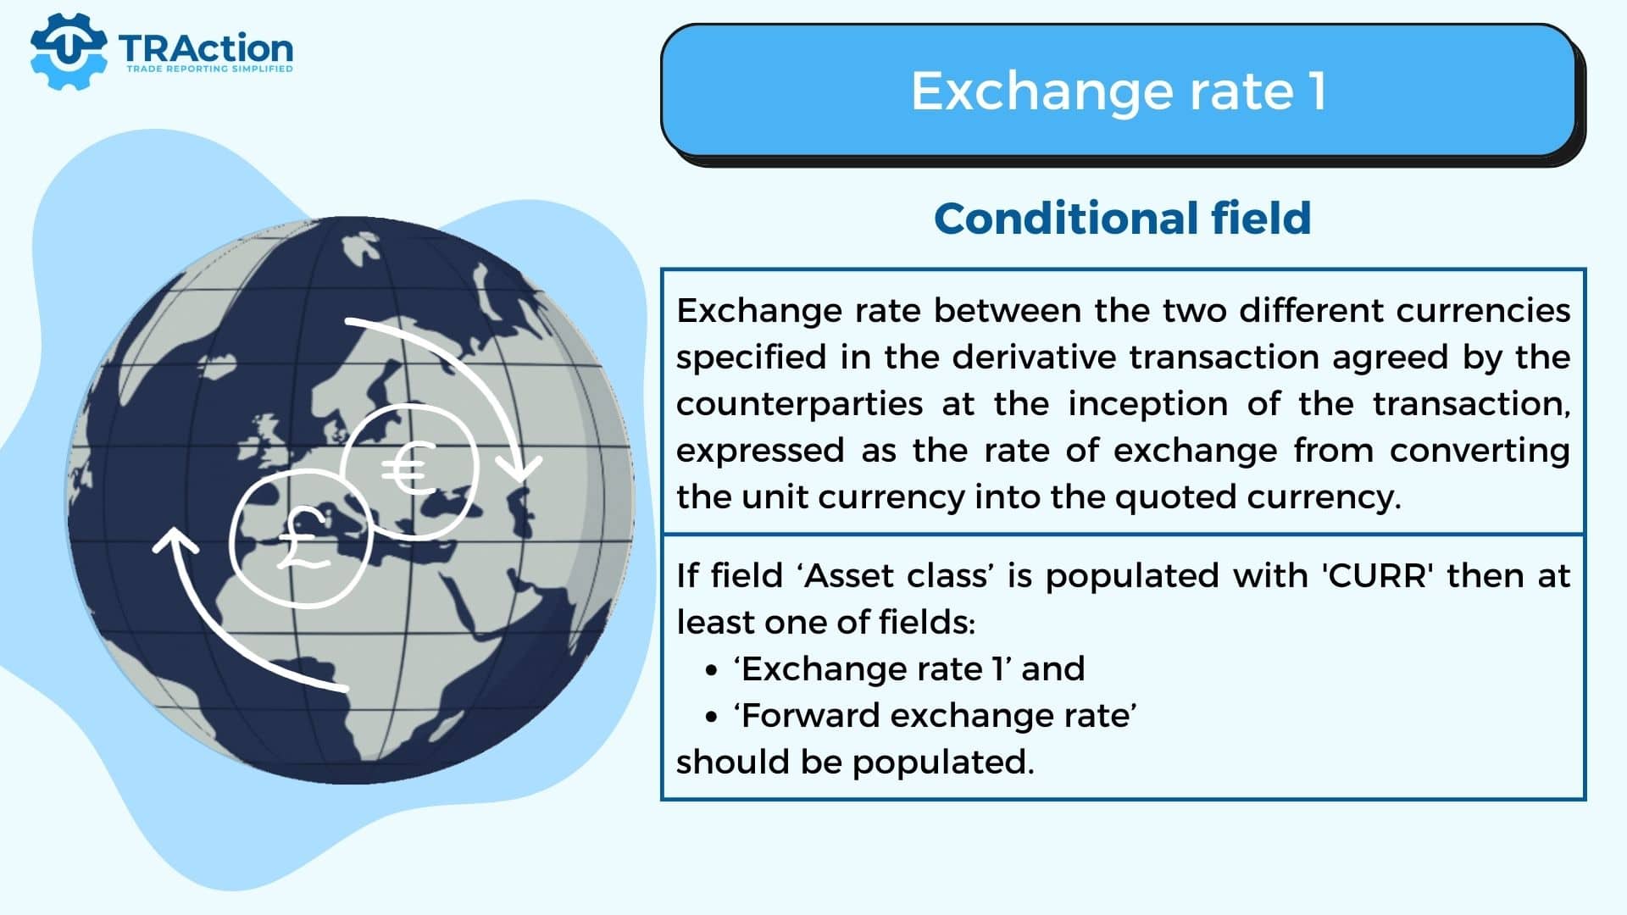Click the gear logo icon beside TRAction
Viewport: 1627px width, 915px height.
(68, 51)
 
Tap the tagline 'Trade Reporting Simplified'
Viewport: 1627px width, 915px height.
(209, 69)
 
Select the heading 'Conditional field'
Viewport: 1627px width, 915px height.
(1122, 219)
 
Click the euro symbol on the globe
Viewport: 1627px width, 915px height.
(408, 469)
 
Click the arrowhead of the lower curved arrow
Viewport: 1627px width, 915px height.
(175, 539)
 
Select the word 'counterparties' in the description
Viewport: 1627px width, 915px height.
(799, 404)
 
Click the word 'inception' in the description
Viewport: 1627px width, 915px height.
(1147, 404)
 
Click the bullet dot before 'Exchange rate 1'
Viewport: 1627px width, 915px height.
(711, 671)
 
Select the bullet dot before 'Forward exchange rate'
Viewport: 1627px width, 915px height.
(711, 718)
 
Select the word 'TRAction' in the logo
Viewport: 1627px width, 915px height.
(206, 47)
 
